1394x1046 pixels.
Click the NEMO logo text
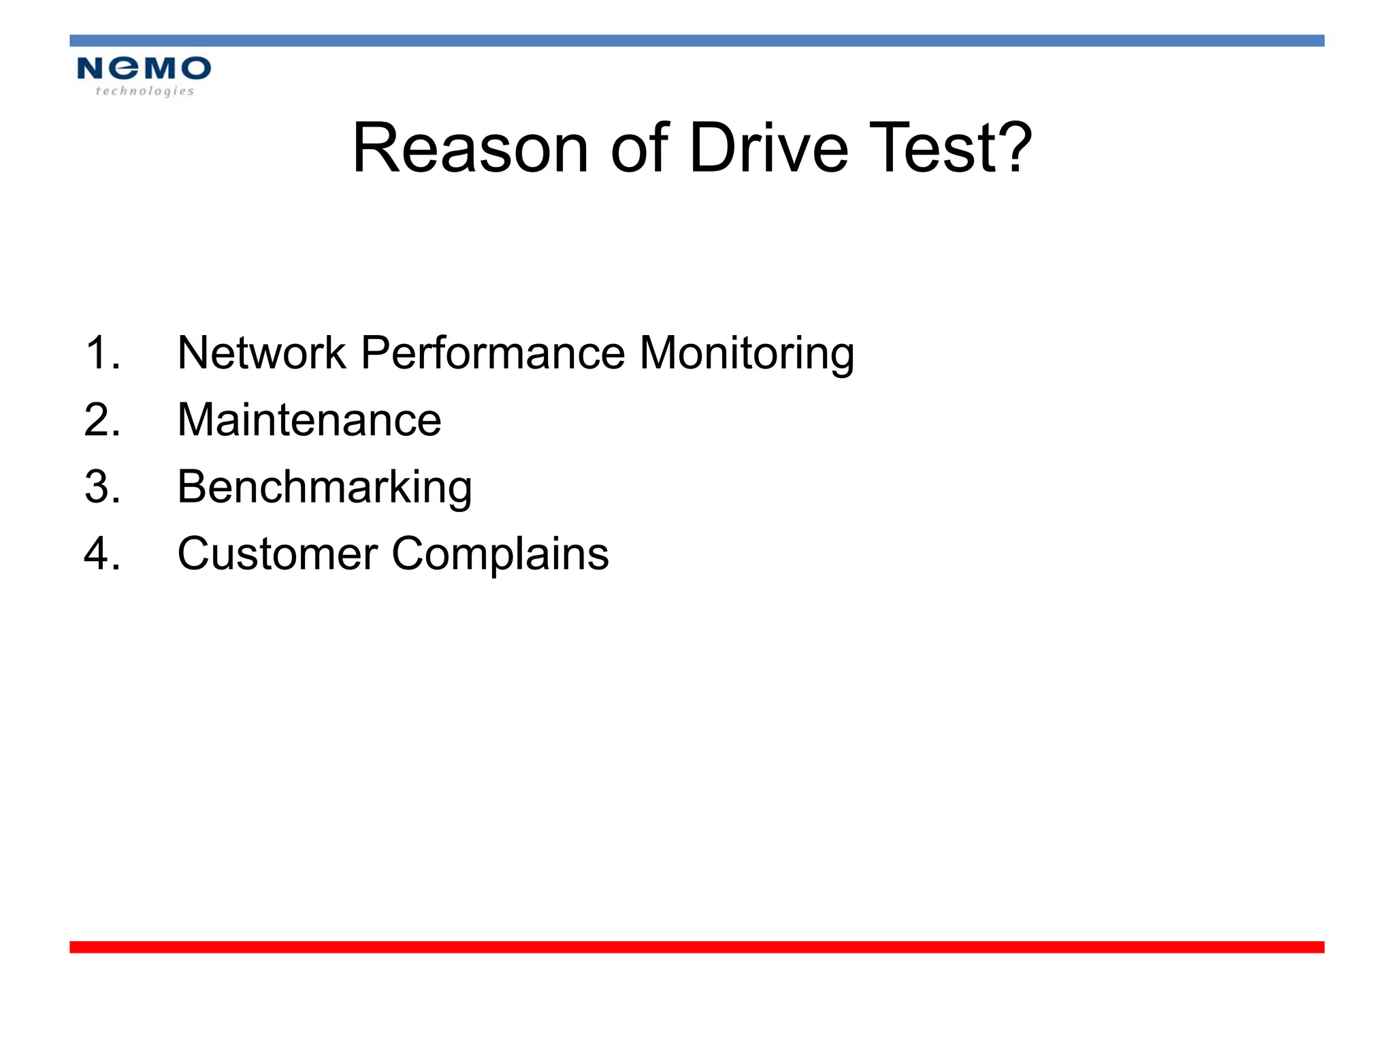144,68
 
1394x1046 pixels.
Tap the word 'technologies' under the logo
145,91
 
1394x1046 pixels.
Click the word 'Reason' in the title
470,148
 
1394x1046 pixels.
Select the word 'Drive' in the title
768,148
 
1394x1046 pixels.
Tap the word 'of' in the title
639,148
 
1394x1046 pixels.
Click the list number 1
102,353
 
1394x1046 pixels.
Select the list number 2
102,419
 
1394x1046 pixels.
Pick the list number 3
102,487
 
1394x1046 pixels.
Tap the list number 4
102,553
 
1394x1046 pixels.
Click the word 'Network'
261,353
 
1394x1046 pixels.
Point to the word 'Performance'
493,353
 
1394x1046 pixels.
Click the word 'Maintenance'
309,419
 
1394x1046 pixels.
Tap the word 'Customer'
277,553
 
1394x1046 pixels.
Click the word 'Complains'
500,554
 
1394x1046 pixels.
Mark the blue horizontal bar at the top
697,41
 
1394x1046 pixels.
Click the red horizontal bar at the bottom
697,947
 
